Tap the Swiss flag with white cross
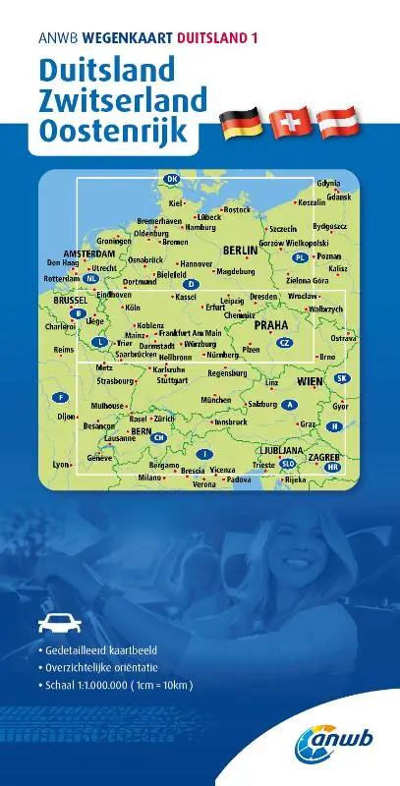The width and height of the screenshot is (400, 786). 291,124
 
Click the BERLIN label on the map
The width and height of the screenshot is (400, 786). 240,251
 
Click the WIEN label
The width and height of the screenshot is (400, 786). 310,380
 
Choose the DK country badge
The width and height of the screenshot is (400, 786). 173,179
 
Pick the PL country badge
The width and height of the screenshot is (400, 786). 301,256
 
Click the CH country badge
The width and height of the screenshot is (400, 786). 158,437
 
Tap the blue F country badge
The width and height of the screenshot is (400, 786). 62,397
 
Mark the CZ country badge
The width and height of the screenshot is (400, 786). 284,342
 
